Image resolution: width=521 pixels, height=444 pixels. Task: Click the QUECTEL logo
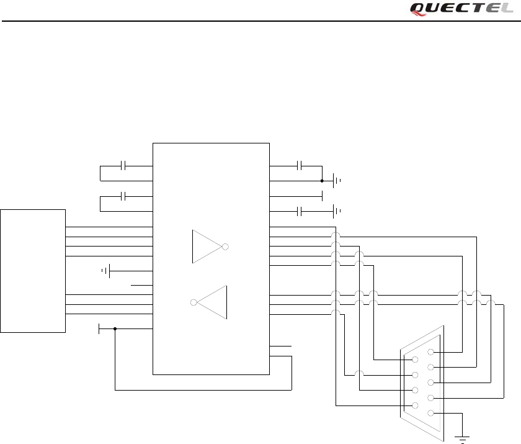[461, 9]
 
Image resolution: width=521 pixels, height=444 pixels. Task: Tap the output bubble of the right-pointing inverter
[225, 247]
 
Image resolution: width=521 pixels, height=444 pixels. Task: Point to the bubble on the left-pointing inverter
[194, 302]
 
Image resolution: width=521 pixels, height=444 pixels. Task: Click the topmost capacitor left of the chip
[124, 166]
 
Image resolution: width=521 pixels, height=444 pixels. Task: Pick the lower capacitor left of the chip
[124, 196]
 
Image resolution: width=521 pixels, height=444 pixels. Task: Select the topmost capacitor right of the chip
[300, 166]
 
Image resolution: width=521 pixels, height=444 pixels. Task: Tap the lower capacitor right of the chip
[300, 211]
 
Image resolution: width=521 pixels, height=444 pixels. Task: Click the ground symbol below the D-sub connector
[462, 439]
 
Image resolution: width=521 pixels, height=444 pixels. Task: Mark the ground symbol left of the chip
[106, 271]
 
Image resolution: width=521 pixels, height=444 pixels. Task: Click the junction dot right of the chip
[322, 181]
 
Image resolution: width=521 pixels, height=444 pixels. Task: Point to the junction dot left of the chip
[115, 329]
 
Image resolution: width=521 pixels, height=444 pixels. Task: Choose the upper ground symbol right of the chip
[337, 181]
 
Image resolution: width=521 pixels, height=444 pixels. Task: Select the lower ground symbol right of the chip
[337, 211]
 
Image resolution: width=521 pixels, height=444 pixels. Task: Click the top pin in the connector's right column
[430, 352]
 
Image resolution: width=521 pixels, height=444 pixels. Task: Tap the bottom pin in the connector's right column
[430, 413]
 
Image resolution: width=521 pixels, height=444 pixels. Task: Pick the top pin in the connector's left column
[414, 360]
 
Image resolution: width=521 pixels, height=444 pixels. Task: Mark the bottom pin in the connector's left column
[414, 405]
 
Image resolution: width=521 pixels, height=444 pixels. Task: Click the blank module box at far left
[33, 271]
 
